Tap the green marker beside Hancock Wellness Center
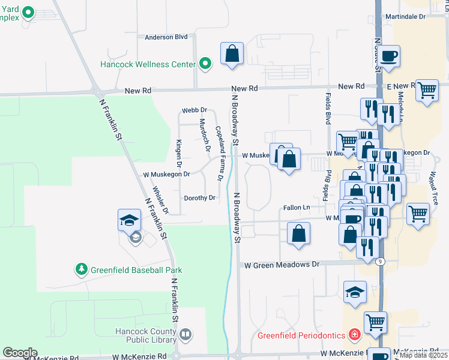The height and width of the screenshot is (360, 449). point(206,64)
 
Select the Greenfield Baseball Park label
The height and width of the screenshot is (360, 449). point(136,270)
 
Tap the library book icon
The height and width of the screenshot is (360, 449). point(185,334)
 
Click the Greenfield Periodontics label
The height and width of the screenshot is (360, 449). point(301,335)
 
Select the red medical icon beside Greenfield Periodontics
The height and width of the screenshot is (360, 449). point(355,334)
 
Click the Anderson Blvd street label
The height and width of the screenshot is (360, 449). point(166,37)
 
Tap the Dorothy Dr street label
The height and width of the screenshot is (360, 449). point(199,198)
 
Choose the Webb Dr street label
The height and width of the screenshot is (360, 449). point(194,110)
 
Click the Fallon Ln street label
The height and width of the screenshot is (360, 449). point(296,208)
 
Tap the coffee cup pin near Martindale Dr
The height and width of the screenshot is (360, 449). point(389,56)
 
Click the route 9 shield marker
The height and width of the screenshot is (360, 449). point(379,261)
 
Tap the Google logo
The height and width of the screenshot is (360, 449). point(20,353)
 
